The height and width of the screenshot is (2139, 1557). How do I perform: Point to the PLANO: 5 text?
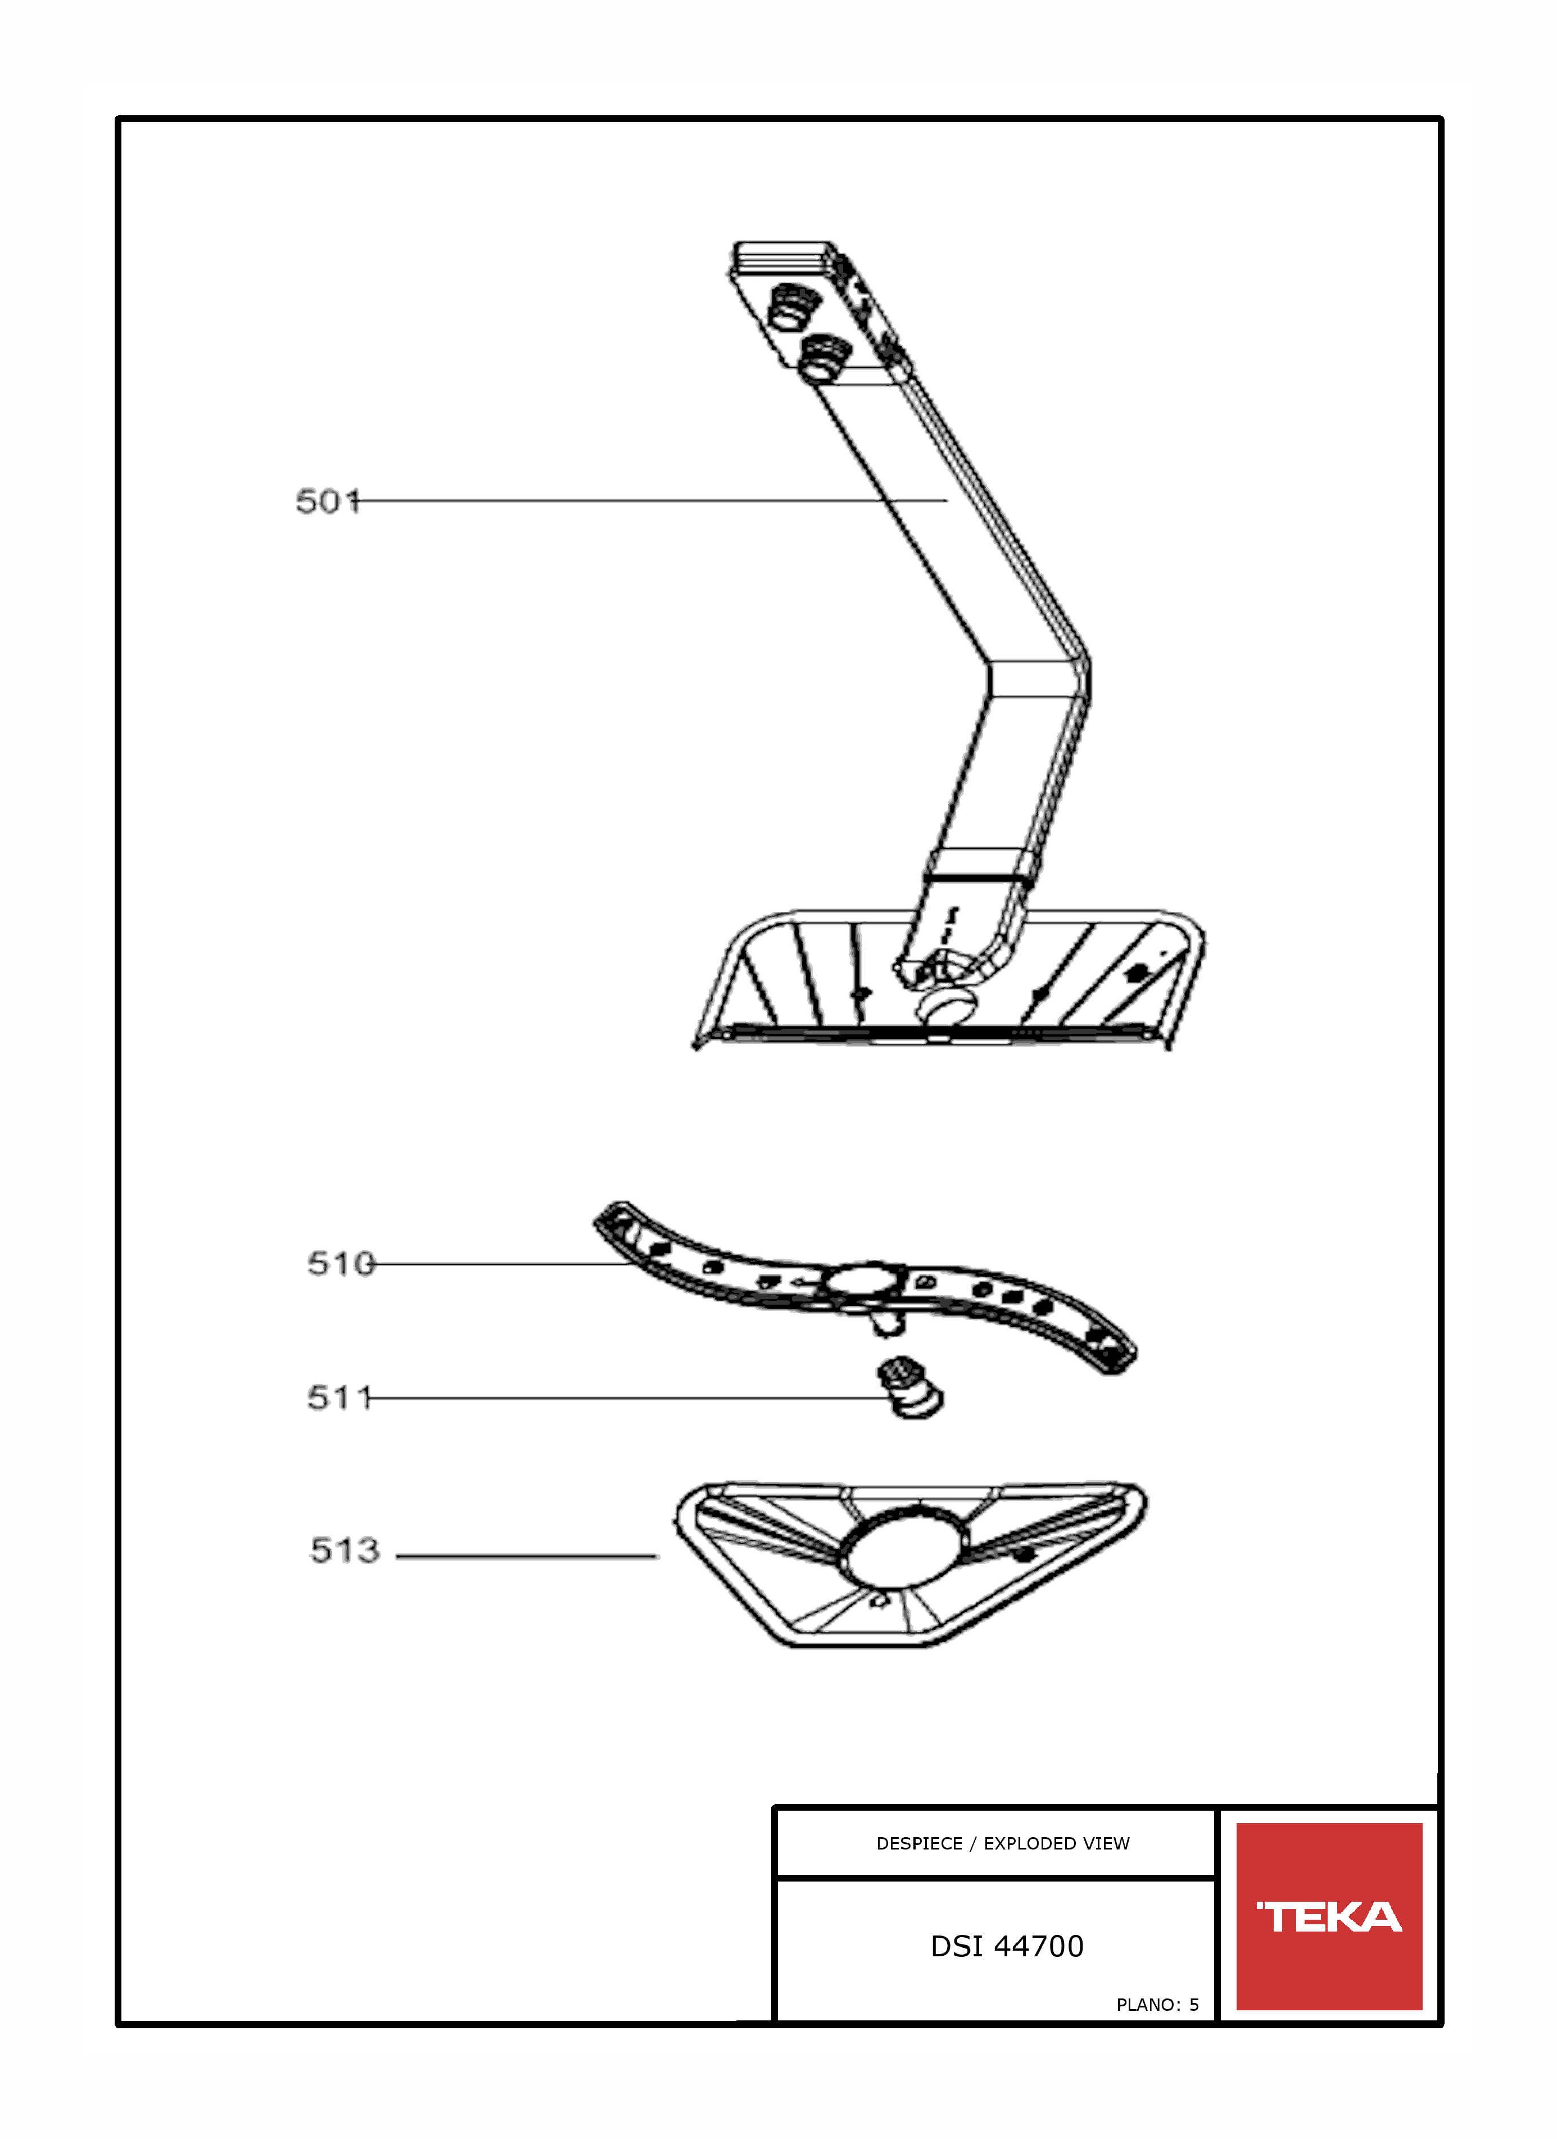(x=1157, y=2005)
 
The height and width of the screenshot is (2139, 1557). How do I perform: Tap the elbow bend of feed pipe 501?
(x=1038, y=677)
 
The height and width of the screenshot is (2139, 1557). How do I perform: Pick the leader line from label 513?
(x=526, y=1556)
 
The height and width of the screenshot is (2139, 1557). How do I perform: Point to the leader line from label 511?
(x=627, y=1398)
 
